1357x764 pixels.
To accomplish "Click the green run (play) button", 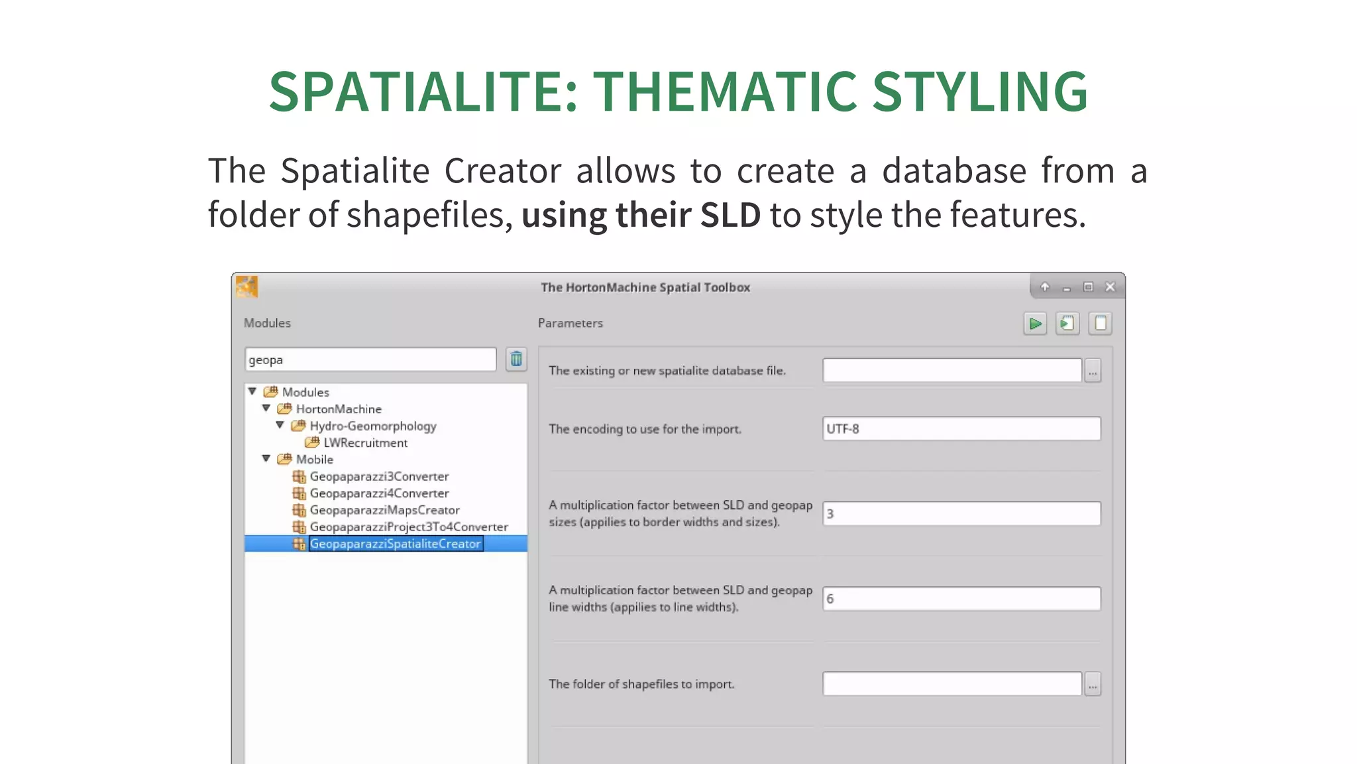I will (1034, 324).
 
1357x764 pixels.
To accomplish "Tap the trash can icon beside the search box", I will (516, 359).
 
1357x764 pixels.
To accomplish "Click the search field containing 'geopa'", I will (370, 359).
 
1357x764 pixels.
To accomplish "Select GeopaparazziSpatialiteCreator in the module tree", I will (395, 544).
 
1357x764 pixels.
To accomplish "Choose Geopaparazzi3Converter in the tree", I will (379, 476).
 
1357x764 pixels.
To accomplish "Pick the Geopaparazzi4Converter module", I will (379, 493).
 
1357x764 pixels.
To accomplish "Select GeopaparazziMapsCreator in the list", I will (384, 510).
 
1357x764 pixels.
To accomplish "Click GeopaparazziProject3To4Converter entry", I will (408, 527).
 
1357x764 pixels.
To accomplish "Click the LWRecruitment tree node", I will (365, 443).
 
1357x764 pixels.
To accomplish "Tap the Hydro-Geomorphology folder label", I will (372, 426).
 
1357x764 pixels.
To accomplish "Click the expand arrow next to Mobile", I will (266, 458).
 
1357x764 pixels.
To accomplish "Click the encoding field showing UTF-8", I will (961, 428).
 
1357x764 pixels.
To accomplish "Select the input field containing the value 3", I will (961, 514).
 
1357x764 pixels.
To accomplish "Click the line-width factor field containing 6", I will (961, 599).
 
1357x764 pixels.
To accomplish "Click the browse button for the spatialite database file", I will (1093, 371).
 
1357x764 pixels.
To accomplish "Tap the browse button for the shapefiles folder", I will (1093, 684).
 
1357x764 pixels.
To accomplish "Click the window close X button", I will (1111, 287).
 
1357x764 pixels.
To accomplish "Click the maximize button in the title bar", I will (1088, 287).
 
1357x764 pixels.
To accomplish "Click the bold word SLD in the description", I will (730, 216).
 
